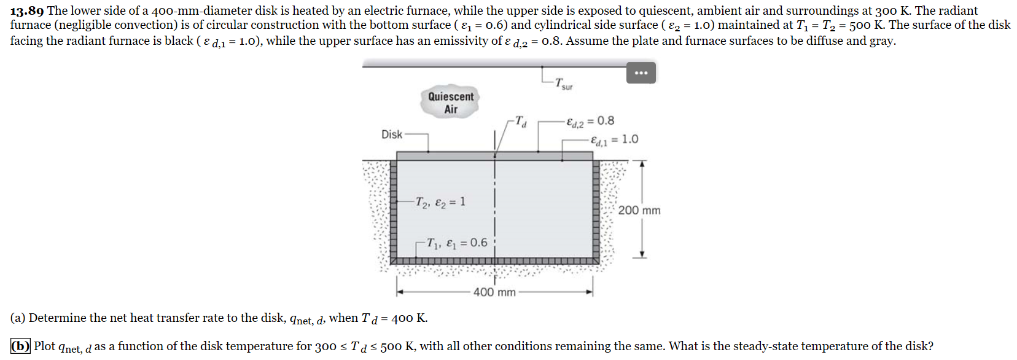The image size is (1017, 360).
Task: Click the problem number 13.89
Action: coord(27,10)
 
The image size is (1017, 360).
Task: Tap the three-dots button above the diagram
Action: coord(641,73)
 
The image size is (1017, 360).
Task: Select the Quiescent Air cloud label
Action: coord(451,103)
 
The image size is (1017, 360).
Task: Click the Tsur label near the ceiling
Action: coord(563,84)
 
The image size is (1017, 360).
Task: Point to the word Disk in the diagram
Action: coord(392,135)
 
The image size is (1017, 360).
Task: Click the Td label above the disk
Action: coord(520,121)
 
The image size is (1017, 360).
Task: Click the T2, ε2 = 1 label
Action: coord(440,202)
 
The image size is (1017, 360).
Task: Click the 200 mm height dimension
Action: coord(639,210)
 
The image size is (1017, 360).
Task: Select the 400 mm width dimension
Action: coord(494,292)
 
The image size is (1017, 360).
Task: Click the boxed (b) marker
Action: coord(20,346)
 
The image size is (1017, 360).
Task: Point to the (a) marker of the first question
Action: coord(18,318)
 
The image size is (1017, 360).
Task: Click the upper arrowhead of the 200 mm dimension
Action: coord(642,164)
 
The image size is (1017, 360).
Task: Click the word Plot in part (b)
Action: coord(45,346)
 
